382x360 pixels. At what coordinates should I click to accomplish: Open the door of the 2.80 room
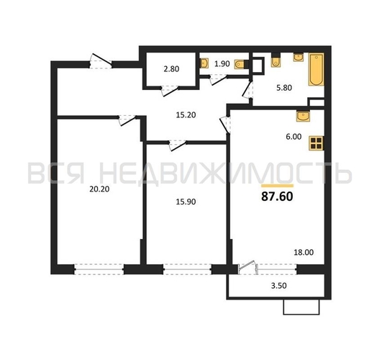170,90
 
